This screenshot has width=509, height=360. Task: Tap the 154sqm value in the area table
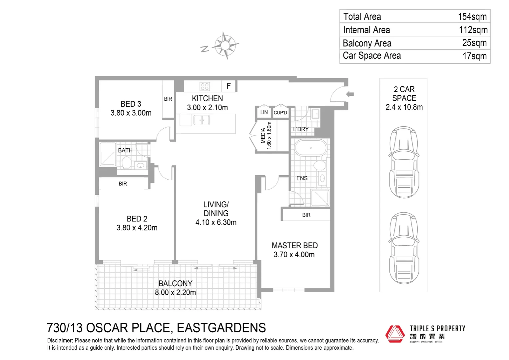pos(472,17)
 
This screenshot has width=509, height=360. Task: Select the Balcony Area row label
pos(367,43)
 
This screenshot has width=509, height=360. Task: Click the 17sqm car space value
pos(474,56)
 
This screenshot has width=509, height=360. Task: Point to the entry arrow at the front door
pos(349,94)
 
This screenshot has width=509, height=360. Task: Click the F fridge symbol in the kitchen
pos(229,86)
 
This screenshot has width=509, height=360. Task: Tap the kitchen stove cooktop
pos(205,87)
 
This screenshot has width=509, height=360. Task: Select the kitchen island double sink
pos(202,120)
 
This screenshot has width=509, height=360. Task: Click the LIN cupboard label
pos(264,112)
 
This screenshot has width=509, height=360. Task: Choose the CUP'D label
pos(280,113)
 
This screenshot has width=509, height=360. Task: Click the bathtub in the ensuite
pos(310,148)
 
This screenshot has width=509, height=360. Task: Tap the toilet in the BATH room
pos(126,163)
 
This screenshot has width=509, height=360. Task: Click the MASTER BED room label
pos(294,246)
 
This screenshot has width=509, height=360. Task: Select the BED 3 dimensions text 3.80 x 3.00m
pos(131,113)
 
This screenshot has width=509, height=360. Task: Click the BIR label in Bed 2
pos(123,184)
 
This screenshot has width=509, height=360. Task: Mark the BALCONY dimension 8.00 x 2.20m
pos(175,293)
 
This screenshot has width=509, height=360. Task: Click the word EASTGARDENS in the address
pos(221,328)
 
